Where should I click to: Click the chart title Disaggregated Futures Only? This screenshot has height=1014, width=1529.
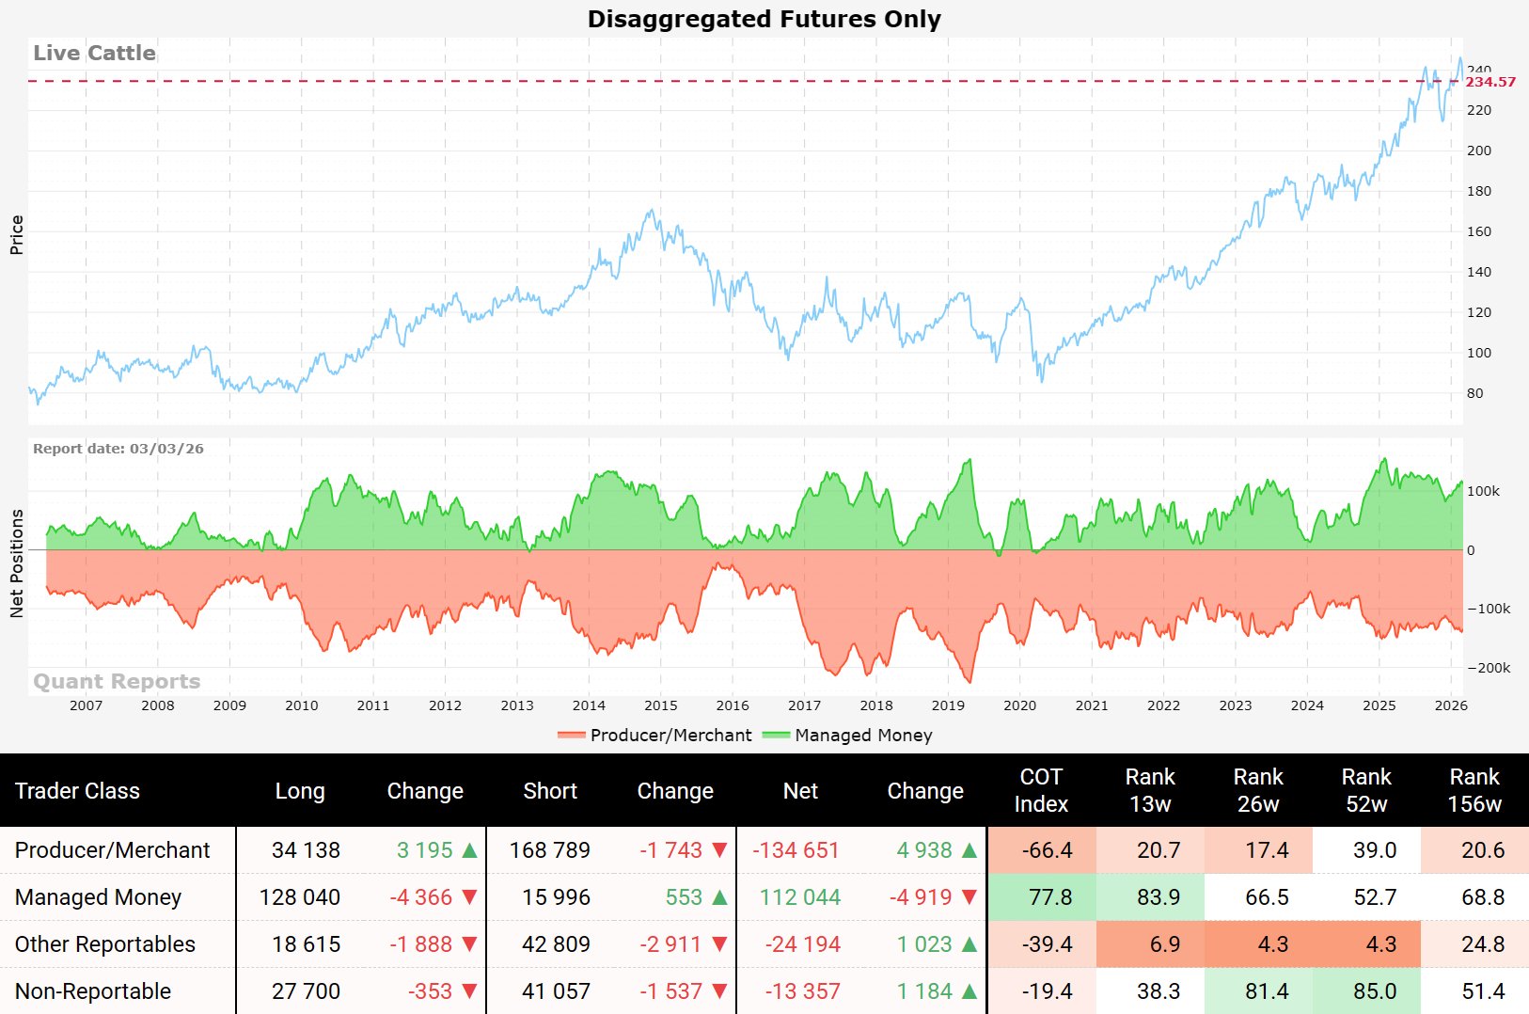[764, 19]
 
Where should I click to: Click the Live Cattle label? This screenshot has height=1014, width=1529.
[94, 53]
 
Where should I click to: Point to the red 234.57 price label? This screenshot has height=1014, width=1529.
[1490, 82]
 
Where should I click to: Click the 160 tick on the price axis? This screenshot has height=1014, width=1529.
[1478, 231]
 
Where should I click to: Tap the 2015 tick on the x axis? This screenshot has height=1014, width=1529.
[660, 705]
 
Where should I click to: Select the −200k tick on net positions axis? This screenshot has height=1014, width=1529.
[1489, 668]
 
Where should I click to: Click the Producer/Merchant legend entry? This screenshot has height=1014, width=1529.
[670, 735]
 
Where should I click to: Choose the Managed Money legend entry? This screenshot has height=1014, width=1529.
[862, 735]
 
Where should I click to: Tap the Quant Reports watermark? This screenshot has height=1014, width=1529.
[117, 681]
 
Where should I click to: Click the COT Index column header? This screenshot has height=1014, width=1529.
[1041, 790]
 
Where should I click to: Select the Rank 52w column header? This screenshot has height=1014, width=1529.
[1365, 790]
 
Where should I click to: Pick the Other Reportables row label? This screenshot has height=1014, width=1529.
[105, 944]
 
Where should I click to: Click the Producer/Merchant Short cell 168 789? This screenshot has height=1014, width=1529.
[550, 850]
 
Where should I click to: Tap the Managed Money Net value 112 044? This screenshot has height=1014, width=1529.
[800, 897]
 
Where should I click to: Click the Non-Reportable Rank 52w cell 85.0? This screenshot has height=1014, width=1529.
[1374, 991]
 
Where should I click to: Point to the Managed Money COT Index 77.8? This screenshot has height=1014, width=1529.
[1050, 897]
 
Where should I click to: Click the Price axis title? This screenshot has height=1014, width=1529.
[16, 234]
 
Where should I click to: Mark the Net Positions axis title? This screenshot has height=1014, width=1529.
[16, 563]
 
